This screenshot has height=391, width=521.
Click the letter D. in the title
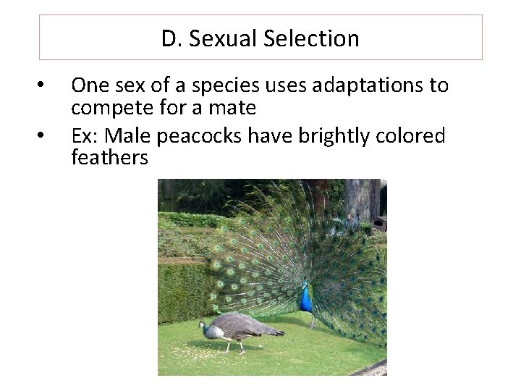pos(171,38)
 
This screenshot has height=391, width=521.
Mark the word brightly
pos(334,135)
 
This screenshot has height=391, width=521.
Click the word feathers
pos(109,158)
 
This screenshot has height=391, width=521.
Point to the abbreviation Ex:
pos(85,135)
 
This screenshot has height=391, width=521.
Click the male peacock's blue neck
pos(306,297)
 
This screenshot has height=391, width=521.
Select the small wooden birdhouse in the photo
pos(379,222)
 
